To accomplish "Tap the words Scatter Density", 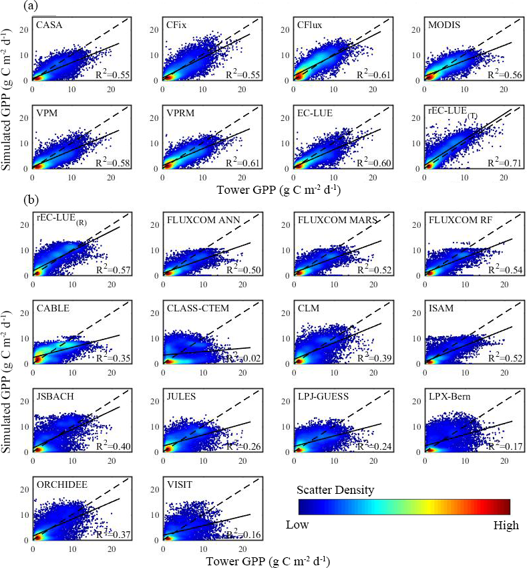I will click(x=336, y=490).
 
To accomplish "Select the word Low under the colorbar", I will click(x=297, y=525).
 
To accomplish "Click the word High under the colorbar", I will click(x=506, y=525).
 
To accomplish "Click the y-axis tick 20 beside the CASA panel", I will click(x=23, y=30).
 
